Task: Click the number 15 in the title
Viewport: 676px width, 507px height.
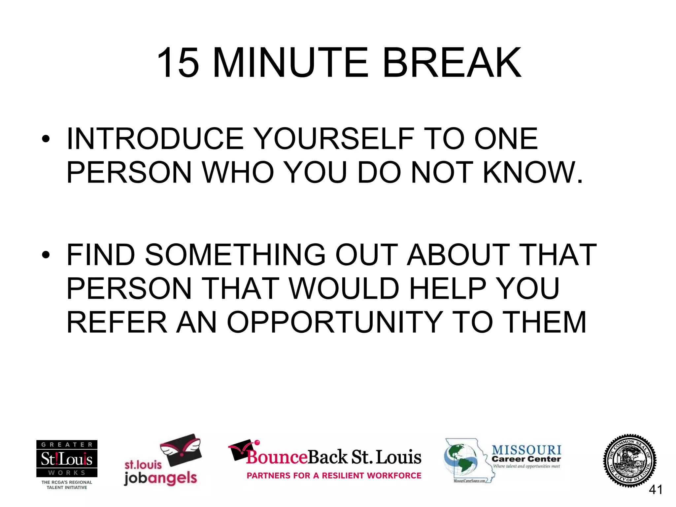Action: point(178,63)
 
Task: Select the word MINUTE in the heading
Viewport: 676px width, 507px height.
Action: point(290,63)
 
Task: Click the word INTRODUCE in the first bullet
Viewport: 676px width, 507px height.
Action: point(155,139)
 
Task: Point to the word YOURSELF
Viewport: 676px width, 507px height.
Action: point(335,139)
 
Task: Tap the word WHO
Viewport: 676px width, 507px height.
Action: point(238,172)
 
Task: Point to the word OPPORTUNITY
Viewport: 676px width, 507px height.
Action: point(335,322)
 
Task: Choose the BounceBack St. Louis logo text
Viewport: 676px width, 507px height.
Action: point(333,457)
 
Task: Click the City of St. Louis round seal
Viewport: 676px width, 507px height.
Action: point(629,460)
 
